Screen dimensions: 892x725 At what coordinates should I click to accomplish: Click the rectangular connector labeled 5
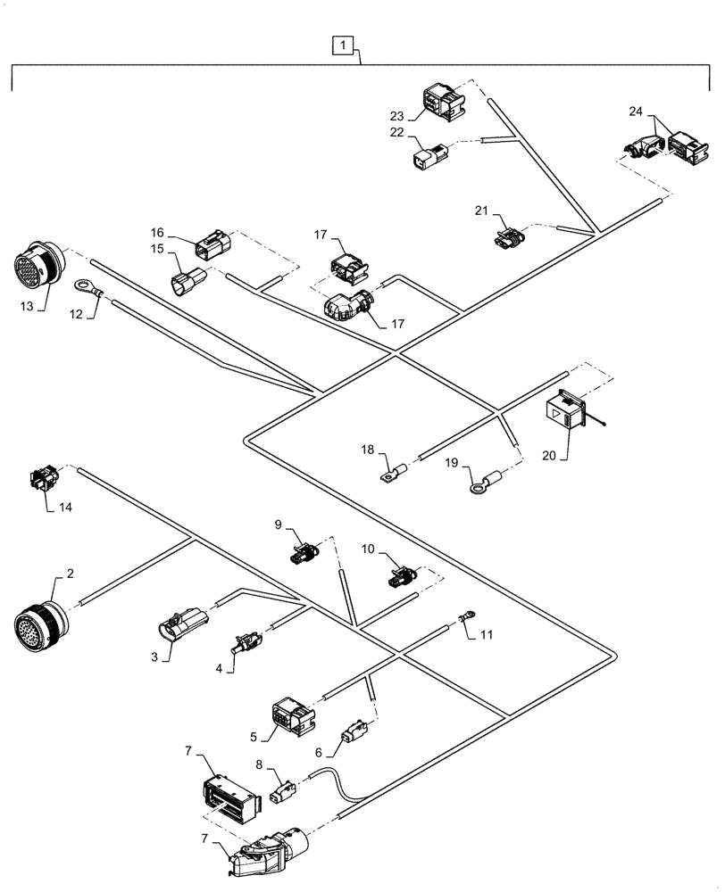[290, 714]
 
